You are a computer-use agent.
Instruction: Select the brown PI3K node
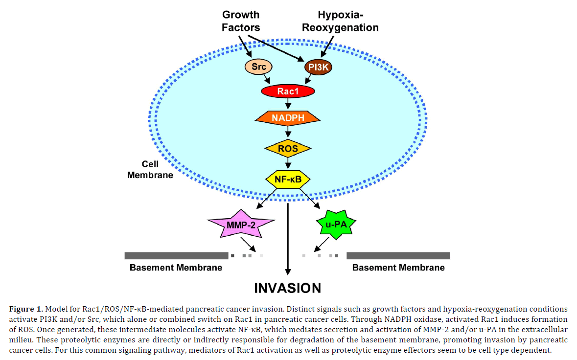click(x=318, y=67)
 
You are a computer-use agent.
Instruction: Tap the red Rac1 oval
click(x=288, y=91)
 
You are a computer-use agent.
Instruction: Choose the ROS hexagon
click(x=288, y=148)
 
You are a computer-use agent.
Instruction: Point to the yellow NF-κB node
click(x=288, y=179)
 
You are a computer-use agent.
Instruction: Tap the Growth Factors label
click(x=241, y=21)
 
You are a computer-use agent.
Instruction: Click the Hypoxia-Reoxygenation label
click(x=340, y=21)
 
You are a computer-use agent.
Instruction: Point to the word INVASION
click(x=288, y=288)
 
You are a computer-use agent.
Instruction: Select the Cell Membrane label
click(x=150, y=169)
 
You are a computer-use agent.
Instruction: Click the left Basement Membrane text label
click(x=176, y=268)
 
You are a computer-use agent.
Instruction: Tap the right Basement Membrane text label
click(x=398, y=268)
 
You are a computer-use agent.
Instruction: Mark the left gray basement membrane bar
click(x=176, y=255)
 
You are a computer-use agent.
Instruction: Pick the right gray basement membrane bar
click(x=398, y=255)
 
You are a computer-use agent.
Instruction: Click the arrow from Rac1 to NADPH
click(x=288, y=103)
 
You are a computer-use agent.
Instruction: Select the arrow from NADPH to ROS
click(x=288, y=133)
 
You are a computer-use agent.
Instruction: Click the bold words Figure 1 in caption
click(x=25, y=309)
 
